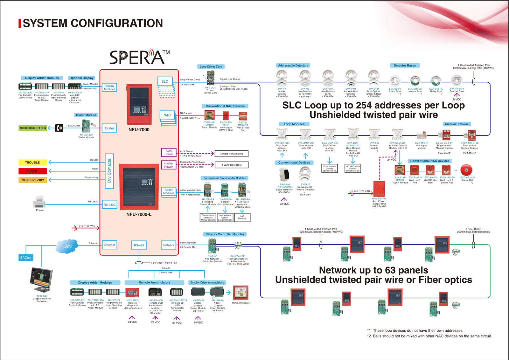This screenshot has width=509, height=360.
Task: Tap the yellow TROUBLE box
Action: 32,163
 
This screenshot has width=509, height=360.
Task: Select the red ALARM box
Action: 32,171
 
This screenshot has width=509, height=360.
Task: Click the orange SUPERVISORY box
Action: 33,180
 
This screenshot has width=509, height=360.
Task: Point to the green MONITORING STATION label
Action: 33,128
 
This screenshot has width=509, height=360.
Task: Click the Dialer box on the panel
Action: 109,128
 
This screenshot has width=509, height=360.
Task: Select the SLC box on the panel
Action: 165,81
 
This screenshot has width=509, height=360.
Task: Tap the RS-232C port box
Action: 109,204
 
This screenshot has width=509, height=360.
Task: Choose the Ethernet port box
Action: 109,245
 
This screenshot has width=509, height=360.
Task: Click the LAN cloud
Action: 67,246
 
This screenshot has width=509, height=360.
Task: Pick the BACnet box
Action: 26,258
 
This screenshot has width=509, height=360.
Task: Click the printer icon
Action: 39,202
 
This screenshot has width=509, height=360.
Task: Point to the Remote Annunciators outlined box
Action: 231,154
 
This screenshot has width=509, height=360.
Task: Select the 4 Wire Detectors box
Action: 231,165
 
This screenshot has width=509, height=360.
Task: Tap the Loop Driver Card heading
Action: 211,66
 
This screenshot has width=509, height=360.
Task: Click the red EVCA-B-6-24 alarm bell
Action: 466,170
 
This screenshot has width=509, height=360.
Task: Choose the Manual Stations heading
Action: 457,124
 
